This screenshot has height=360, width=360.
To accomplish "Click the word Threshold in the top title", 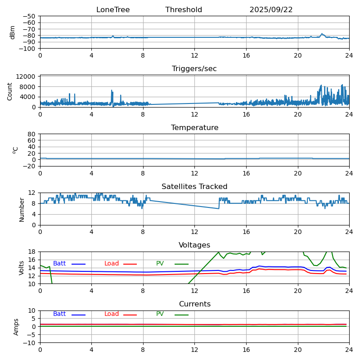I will point(184,10).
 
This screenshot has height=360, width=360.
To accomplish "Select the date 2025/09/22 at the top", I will point(271,10).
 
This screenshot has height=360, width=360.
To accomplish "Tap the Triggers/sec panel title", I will point(194,69).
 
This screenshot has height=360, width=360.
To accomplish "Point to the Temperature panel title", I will point(194,128).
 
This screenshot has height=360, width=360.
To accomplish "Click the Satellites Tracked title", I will point(194,187).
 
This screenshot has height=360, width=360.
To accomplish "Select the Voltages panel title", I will point(194,245).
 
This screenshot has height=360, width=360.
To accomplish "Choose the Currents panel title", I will point(194,304).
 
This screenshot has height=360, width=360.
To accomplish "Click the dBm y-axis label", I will point(13,32).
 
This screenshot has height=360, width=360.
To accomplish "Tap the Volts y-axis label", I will point(22,268).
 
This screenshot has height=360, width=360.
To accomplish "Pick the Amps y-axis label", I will point(16,327).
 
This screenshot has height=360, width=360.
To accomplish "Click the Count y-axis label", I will point(10,91).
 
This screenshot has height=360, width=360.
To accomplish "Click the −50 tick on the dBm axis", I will point(30,16).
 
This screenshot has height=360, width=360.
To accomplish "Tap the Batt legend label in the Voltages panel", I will point(59,264).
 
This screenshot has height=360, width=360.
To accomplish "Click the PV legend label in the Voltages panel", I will point(160,264).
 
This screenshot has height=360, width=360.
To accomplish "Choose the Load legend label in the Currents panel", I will point(112,314).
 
